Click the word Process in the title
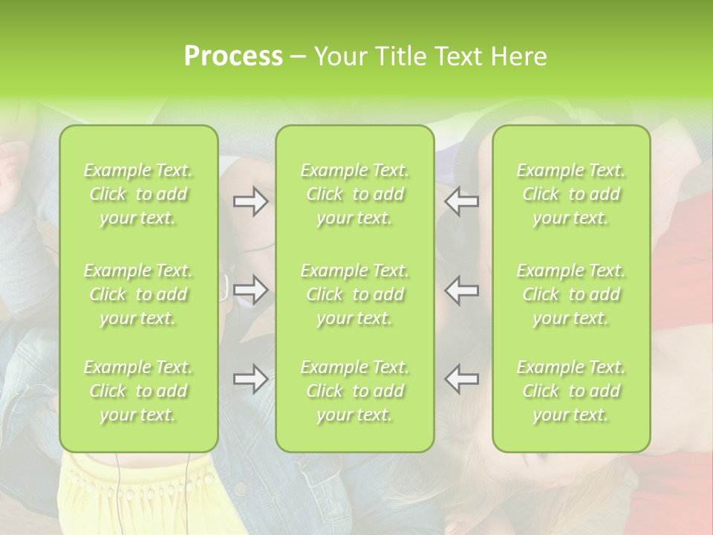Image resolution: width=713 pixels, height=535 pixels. point(233,56)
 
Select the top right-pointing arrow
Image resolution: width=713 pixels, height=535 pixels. point(250,202)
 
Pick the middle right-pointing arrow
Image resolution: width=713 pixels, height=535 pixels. point(250,290)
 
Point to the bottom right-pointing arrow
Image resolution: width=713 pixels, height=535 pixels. point(250,379)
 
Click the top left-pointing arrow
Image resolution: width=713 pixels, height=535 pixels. point(462,202)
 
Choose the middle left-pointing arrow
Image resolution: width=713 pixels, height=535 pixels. point(462,290)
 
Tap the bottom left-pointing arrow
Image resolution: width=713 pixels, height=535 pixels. point(462,379)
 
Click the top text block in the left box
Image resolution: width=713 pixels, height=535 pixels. point(138,194)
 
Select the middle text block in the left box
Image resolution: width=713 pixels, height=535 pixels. point(138,294)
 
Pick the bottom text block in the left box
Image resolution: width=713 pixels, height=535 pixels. point(138,391)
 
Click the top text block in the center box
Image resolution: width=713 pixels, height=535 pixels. point(354,194)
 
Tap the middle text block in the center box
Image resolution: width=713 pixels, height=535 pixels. point(354,294)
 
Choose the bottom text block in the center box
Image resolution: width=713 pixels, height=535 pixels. point(354,391)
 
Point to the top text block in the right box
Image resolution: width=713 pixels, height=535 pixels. point(571,194)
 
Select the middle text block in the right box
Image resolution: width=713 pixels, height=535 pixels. point(571,294)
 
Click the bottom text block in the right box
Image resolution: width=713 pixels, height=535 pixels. point(571,391)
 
